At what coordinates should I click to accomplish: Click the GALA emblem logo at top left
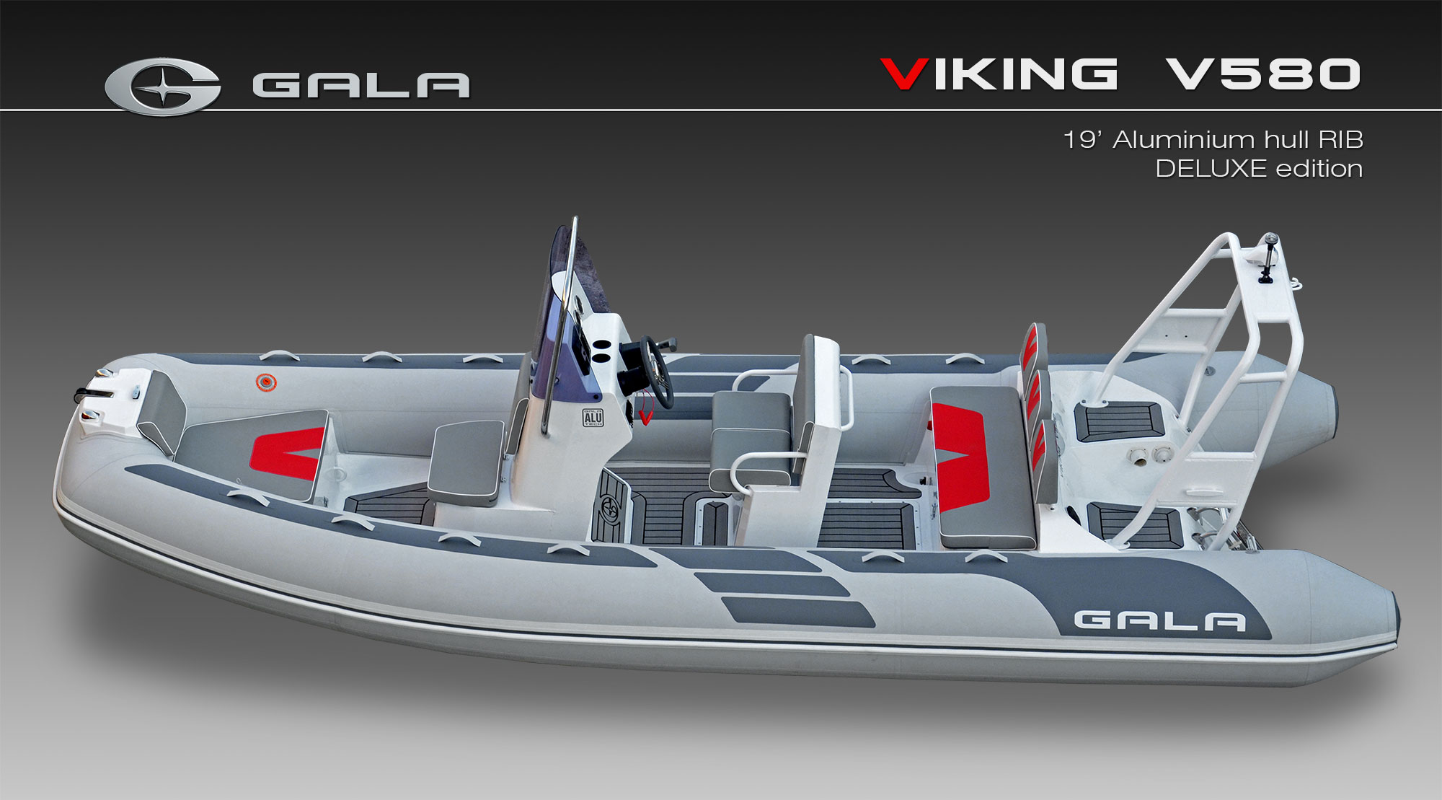coord(163,86)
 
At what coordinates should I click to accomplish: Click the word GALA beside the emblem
coord(361,85)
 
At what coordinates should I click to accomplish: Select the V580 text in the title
coord(1263,74)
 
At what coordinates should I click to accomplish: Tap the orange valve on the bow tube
coord(266,382)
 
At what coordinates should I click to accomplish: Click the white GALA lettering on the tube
coord(1159,620)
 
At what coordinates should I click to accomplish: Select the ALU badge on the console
coord(593,418)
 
